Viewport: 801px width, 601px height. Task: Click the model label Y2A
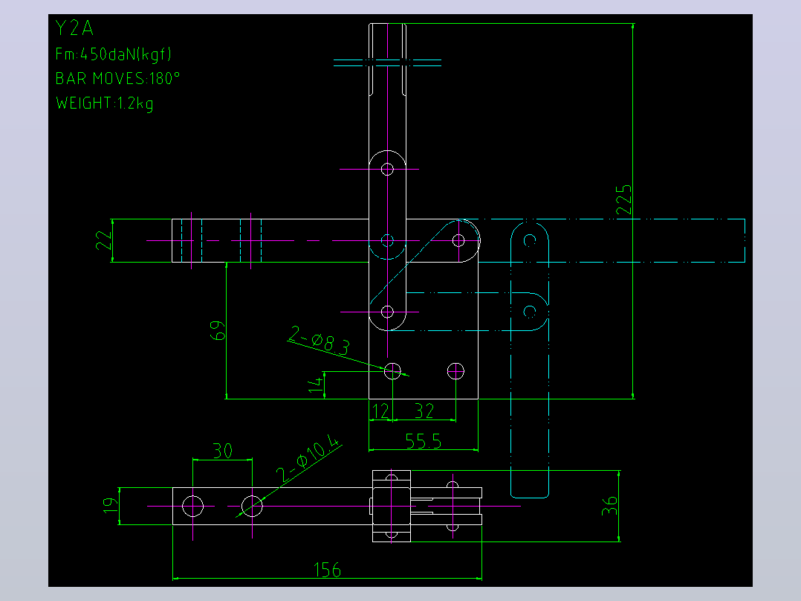point(74,28)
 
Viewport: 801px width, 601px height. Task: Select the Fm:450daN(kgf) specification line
point(114,54)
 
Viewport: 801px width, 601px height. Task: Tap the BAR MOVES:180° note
point(117,78)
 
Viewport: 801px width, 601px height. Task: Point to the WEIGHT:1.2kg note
point(104,103)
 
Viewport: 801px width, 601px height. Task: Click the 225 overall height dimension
point(623,200)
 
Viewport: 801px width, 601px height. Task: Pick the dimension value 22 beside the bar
point(104,240)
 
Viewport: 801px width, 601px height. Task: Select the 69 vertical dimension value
point(218,330)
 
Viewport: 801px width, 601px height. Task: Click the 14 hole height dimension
point(316,384)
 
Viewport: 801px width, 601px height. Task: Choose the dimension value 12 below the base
point(380,411)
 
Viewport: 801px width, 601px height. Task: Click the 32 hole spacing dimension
point(424,411)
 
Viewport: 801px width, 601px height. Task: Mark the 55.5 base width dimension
point(424,441)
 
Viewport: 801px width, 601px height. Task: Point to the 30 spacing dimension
point(223,451)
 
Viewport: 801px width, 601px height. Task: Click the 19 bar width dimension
point(109,505)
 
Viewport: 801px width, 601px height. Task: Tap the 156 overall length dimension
point(327,569)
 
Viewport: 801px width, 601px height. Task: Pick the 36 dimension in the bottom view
point(609,506)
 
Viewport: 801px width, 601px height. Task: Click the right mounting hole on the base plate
point(455,371)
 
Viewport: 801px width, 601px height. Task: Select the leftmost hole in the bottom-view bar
point(192,507)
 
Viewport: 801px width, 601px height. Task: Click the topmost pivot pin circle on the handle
point(387,169)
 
